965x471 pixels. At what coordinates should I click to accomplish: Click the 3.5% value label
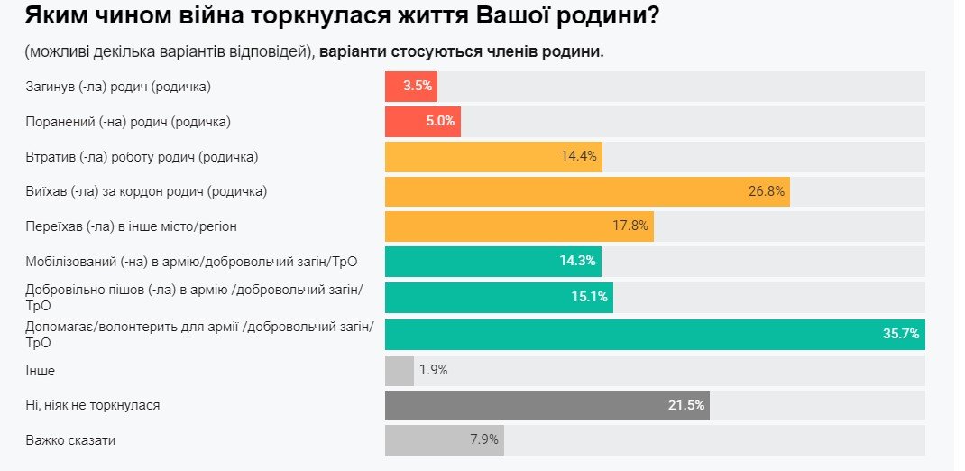(418, 87)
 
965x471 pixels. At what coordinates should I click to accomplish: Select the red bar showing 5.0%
(422, 122)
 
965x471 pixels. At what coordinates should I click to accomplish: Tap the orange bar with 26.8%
(586, 191)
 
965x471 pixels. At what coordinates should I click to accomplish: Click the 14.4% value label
(579, 156)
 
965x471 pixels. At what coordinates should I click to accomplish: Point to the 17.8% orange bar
(519, 226)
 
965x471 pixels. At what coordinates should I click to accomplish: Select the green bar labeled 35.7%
(654, 334)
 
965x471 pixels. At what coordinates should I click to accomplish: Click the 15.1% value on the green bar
(590, 297)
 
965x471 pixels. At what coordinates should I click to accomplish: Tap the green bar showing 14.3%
(492, 262)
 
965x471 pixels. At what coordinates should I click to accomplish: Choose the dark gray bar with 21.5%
(547, 405)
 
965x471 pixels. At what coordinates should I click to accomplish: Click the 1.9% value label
(433, 370)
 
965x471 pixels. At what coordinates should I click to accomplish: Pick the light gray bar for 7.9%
(444, 440)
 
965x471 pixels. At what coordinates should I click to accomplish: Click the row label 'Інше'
(41, 370)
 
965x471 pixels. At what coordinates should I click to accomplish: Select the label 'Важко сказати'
(70, 440)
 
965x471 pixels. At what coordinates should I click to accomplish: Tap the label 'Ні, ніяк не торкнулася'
(93, 405)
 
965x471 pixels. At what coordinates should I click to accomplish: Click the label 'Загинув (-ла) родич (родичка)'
(118, 86)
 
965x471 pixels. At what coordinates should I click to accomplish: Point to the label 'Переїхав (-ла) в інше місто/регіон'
(131, 226)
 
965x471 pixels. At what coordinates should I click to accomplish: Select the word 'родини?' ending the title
(609, 15)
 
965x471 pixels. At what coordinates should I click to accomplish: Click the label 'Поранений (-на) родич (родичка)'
(127, 121)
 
